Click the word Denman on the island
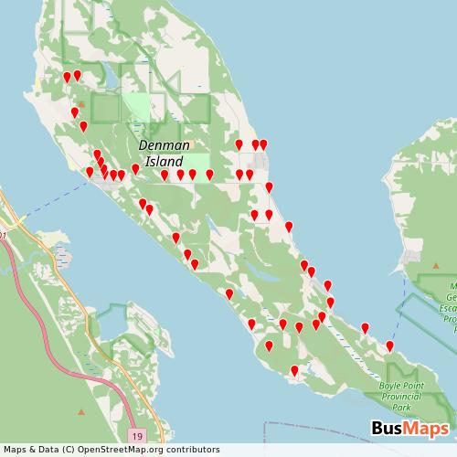[165, 145]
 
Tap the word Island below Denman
[164, 160]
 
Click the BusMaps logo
[409, 429]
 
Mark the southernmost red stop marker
[294, 370]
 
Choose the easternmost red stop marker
[389, 345]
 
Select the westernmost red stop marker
[67, 77]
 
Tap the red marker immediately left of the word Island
[135, 168]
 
